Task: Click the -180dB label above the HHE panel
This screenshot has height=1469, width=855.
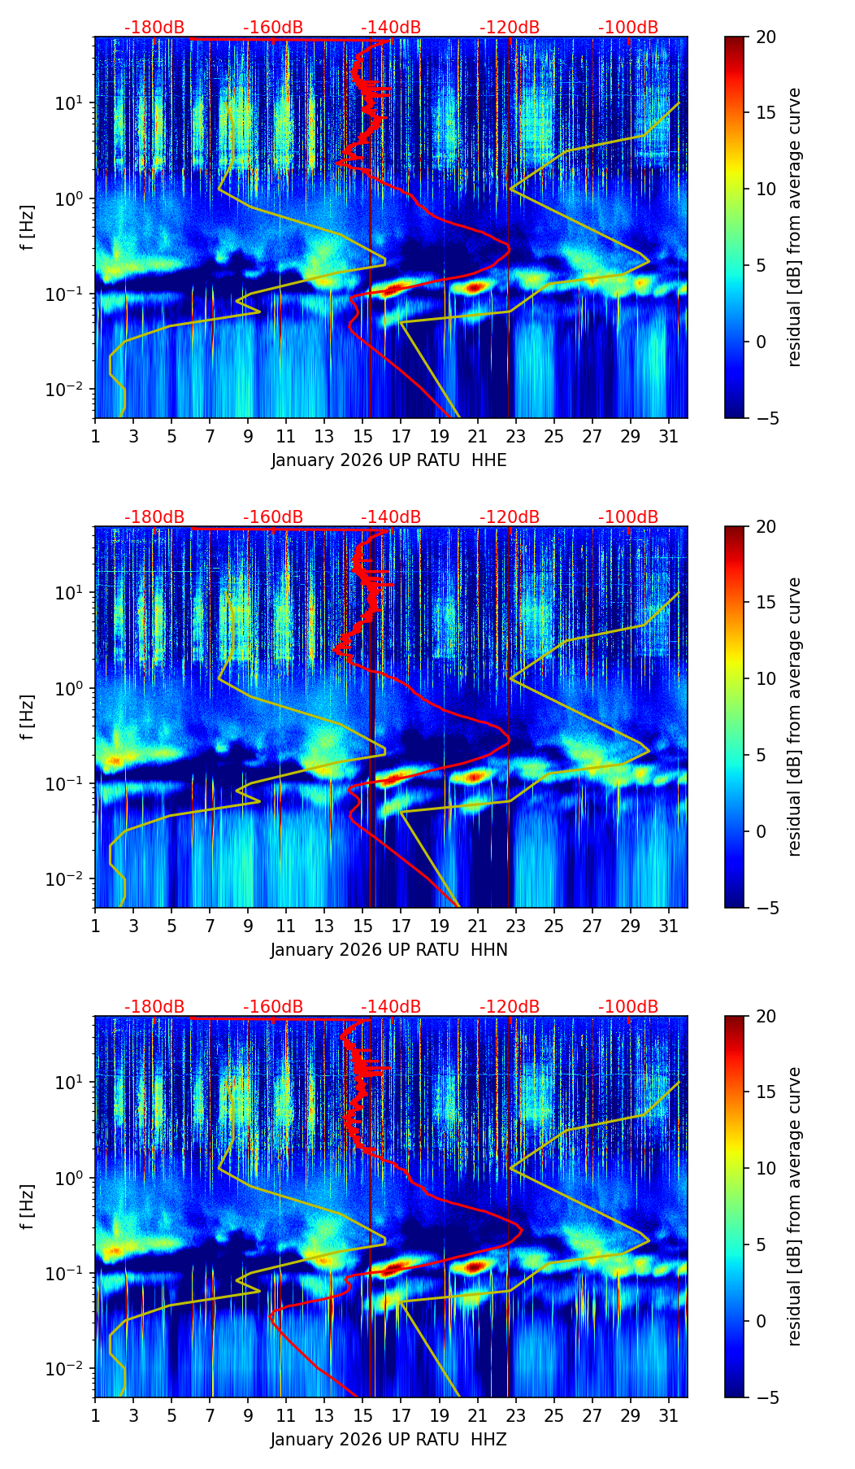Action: (154, 28)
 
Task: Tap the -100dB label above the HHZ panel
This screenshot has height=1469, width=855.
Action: (628, 1007)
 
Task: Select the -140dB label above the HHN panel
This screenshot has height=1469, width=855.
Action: (391, 517)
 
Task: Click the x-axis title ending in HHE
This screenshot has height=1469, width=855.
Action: (388, 460)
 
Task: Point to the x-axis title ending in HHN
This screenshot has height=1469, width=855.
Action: (388, 950)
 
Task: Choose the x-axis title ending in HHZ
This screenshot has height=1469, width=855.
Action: (388, 1440)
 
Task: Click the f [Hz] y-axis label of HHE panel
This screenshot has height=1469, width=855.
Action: (28, 228)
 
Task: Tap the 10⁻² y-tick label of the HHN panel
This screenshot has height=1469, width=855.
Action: (72, 879)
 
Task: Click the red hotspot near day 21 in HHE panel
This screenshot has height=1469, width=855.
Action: (475, 286)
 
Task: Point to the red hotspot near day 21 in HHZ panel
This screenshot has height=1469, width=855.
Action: (475, 1266)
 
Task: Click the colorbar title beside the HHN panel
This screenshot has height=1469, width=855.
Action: (795, 717)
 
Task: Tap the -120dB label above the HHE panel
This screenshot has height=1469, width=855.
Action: (510, 28)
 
